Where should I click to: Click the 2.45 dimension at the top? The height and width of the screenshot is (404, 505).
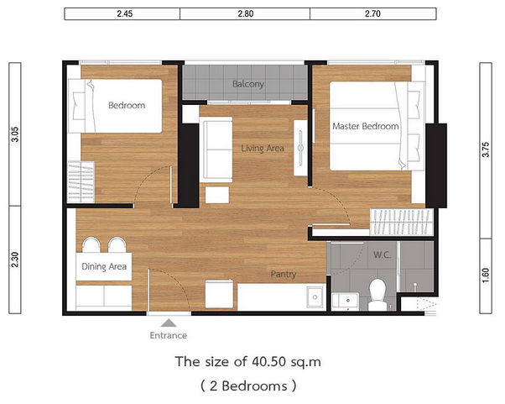point(125,13)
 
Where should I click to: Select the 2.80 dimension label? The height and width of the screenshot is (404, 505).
point(246,13)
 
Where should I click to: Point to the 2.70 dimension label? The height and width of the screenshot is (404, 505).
point(372,13)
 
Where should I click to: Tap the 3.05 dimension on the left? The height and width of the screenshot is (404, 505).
point(15,134)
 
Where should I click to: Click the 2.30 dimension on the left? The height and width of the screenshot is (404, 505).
point(15,260)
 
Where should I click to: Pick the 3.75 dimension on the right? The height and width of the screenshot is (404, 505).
point(486,150)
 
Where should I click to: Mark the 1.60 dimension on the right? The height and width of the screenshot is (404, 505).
point(486,275)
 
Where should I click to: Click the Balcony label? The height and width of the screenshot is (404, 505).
point(248,84)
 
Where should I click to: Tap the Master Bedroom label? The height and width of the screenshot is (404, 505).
point(366,126)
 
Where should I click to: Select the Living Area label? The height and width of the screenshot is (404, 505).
point(263,149)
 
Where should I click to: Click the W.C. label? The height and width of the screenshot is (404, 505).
point(382,255)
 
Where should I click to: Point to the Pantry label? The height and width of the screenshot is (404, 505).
point(284,274)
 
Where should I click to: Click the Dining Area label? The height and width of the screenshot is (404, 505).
point(104,266)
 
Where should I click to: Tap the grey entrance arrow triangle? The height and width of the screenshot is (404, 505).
point(169,323)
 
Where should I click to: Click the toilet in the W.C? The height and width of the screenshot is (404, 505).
point(377,295)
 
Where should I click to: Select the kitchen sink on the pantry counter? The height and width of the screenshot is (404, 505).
point(315,297)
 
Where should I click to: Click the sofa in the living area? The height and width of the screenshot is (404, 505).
point(216,150)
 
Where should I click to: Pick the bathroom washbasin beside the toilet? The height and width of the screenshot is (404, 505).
point(346,302)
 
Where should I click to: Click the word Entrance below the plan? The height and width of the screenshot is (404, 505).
point(169,335)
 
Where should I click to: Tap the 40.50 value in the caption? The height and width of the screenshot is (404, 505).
point(269,362)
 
